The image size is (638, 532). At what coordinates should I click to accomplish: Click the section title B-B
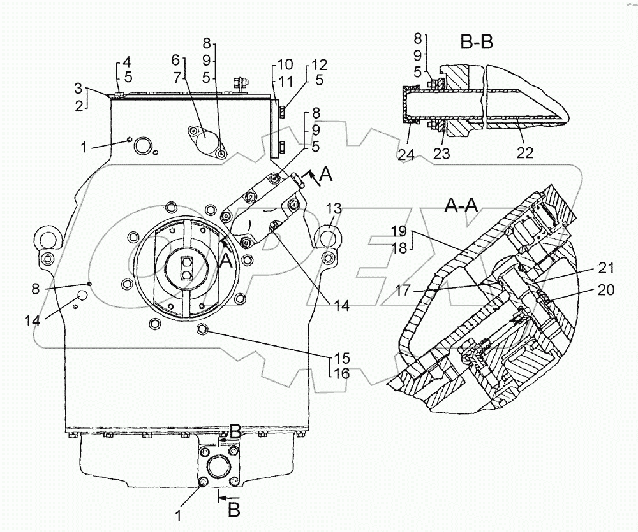point(477,41)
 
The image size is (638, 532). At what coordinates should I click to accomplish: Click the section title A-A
point(461,206)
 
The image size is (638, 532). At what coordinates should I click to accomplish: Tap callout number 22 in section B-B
point(524,152)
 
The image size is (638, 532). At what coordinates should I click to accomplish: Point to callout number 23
point(442,154)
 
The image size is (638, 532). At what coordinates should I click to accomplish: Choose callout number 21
point(606,268)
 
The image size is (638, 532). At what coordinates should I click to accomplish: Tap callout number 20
point(606,290)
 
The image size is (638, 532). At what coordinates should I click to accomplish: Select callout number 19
point(399,231)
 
